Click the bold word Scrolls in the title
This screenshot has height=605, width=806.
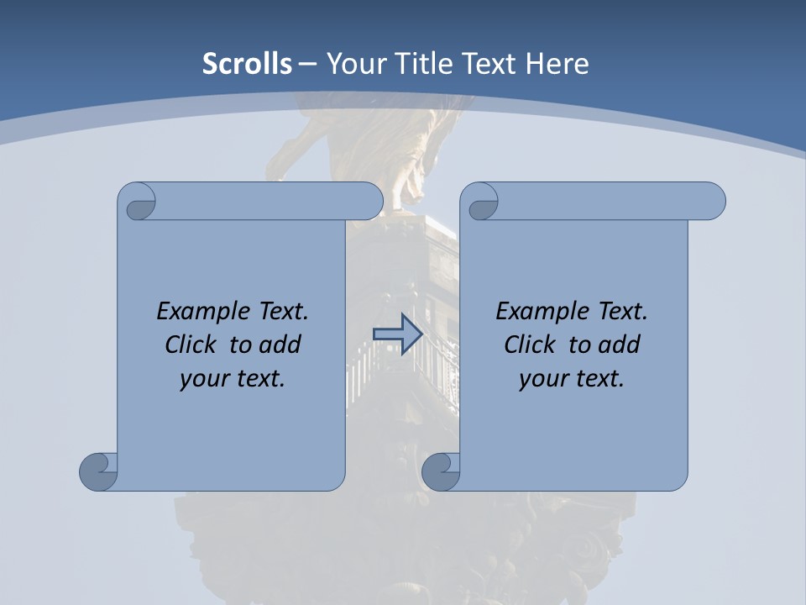tap(247, 63)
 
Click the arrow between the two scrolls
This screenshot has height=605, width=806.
tap(397, 334)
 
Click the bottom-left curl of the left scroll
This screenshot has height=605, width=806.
tap(98, 471)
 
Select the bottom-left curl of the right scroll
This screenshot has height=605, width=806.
tap(441, 471)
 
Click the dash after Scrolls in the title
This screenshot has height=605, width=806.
tap(307, 63)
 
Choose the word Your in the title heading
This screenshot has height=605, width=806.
tap(352, 63)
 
